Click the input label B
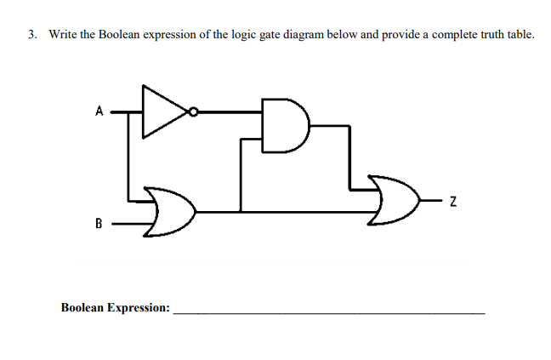click(99, 225)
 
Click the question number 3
click(31, 35)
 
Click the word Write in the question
click(63, 35)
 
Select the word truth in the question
click(482, 35)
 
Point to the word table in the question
click(515, 35)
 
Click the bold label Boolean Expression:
click(115, 307)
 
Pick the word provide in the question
click(390, 35)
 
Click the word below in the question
click(321, 35)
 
